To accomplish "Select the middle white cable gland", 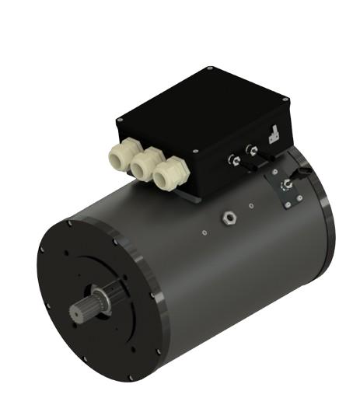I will (x=144, y=167).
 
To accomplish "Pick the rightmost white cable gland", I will (x=166, y=175).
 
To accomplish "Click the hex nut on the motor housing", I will (x=229, y=215).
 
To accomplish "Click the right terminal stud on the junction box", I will (x=250, y=150).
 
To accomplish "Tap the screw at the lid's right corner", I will (x=285, y=99).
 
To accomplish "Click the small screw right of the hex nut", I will (x=250, y=206).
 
